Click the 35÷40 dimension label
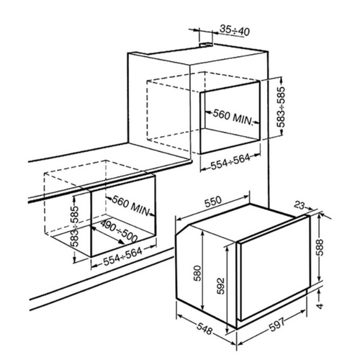coord(235,30)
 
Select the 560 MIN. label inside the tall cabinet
coord(233,117)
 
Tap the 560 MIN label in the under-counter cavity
coord(130,205)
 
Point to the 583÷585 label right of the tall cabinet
coord(281,107)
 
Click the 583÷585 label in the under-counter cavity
coord(75,226)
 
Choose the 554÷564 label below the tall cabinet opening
coord(230,162)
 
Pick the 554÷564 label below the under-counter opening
coord(123,256)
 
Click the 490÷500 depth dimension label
coord(119,231)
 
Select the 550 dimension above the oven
coord(212,202)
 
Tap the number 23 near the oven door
coord(300,205)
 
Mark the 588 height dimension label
coord(320,248)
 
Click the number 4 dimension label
coord(320,305)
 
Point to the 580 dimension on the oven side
coord(197,273)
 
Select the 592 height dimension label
coord(220,286)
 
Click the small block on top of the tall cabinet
coord(206,45)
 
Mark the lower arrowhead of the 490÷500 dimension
coord(121,242)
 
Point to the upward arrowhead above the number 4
coord(319,292)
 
